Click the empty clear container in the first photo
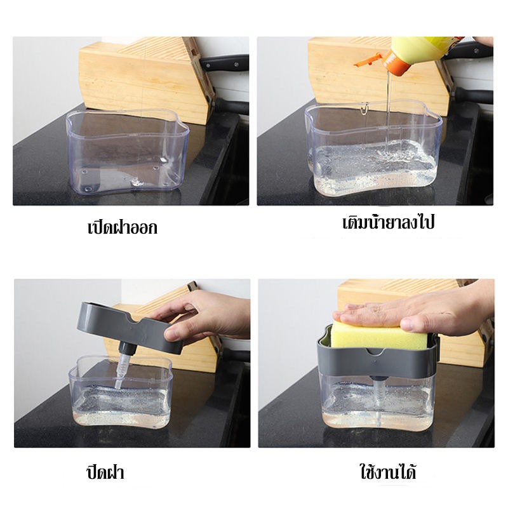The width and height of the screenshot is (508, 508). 128,152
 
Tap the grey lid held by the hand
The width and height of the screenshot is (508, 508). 130,327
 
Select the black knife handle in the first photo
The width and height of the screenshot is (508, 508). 225,62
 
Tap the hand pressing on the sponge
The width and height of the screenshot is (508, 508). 418,311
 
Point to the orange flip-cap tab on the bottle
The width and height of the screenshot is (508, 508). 368,60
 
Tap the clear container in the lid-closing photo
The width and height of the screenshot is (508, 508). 121,392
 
